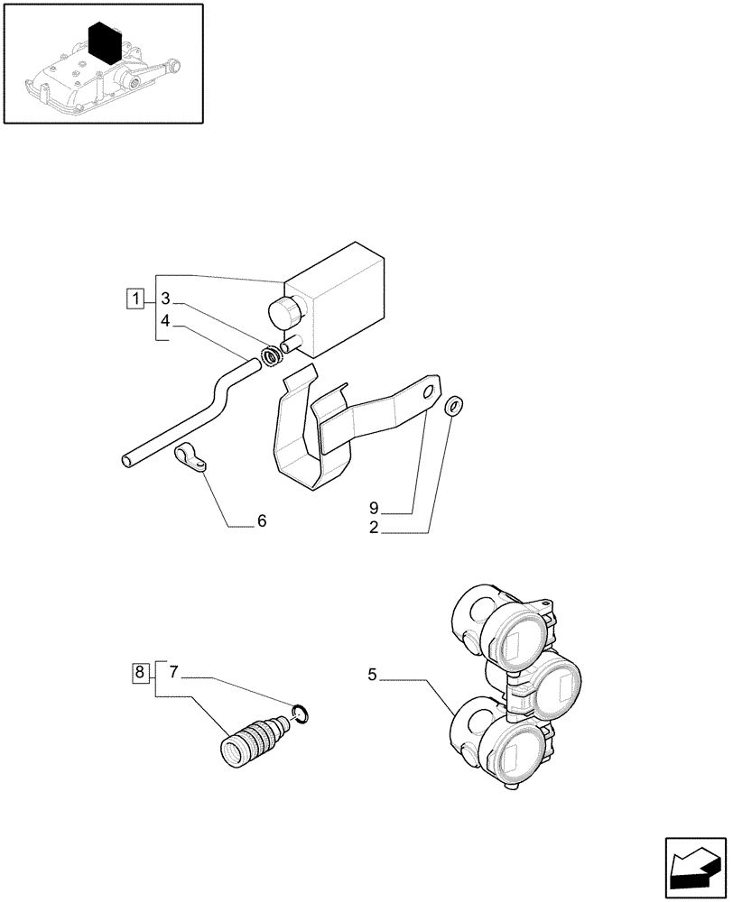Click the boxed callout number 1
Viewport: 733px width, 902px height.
coord(135,299)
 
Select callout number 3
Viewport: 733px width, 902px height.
coord(166,299)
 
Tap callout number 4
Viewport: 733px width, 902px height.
coord(166,320)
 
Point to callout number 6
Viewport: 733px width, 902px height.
coord(262,521)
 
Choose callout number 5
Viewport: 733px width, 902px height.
coord(372,674)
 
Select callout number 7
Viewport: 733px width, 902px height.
coord(175,672)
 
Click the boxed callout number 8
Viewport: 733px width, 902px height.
coord(139,672)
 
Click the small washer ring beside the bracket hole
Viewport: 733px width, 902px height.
coord(454,405)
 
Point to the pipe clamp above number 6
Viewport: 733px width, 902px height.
coord(190,458)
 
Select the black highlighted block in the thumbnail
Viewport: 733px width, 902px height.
coord(106,42)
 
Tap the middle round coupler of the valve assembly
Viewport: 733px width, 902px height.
coord(551,681)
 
